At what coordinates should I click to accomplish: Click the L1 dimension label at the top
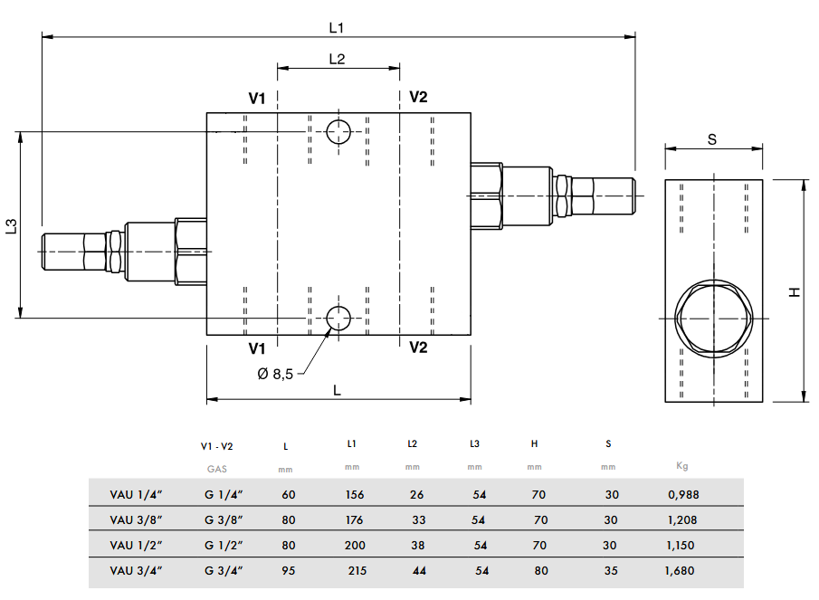337,27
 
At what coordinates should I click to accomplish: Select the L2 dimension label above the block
337,59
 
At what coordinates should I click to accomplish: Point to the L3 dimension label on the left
12,226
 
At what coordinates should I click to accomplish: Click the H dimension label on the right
795,291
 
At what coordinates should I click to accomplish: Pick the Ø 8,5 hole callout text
275,374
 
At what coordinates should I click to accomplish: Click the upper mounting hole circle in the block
338,132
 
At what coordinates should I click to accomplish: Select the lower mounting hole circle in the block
338,318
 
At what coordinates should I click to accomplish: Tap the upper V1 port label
257,98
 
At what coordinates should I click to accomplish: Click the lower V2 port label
418,347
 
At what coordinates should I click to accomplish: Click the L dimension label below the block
337,389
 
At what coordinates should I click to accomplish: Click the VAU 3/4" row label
135,571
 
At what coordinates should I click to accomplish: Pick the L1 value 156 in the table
354,495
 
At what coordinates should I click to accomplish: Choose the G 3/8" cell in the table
223,520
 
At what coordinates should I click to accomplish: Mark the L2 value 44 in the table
419,571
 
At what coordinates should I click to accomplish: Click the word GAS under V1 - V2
217,469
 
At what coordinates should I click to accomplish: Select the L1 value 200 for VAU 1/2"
355,546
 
